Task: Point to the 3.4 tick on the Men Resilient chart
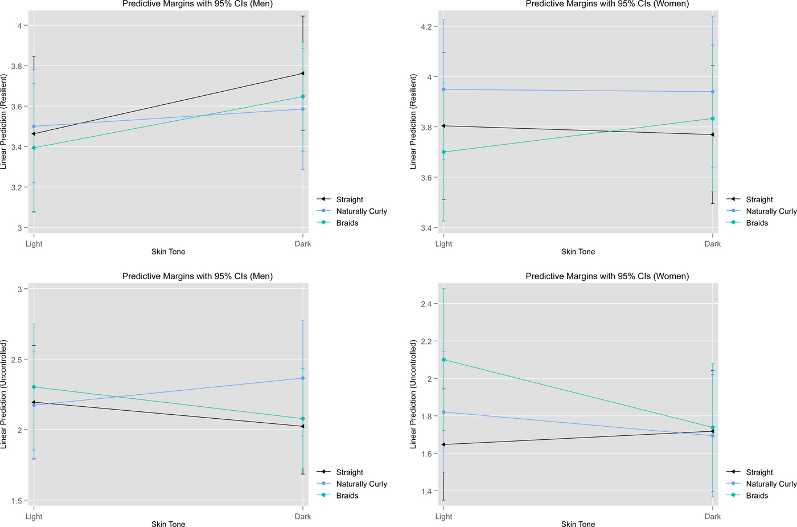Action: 17,147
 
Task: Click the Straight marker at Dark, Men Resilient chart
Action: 302,73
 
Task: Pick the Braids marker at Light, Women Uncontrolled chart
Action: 444,359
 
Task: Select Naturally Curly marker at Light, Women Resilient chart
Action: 444,89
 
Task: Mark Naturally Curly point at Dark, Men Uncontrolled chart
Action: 303,378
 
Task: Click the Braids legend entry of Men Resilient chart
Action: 347,223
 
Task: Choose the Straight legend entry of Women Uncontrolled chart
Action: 759,472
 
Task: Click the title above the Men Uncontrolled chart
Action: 198,276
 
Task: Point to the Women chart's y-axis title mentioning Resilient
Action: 413,121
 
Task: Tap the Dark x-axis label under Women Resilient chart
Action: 712,244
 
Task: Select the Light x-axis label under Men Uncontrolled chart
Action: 34,516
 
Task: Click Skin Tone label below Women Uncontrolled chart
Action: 578,524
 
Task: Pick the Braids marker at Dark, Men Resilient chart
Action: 303,97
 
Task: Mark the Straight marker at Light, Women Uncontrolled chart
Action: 444,444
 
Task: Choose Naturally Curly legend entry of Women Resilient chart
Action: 771,211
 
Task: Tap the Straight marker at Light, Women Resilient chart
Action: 444,126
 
